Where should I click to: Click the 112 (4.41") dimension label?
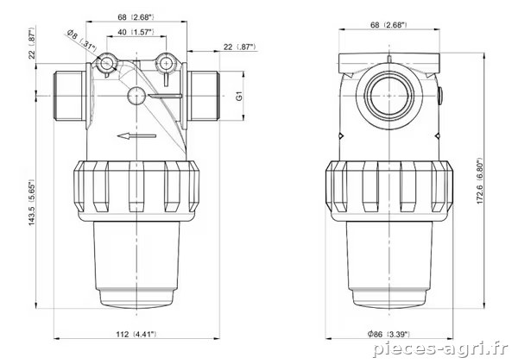click(136, 335)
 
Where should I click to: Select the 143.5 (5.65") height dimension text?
click(31, 203)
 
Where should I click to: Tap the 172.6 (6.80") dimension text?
click(480, 181)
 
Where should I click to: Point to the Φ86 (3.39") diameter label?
click(388, 335)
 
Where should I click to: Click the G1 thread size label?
click(239, 96)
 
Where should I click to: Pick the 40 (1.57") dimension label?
click(136, 32)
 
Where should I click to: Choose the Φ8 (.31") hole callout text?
click(81, 41)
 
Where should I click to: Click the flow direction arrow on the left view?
click(136, 135)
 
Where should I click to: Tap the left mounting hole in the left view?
click(106, 63)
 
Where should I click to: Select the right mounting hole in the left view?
click(164, 62)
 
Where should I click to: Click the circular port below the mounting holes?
click(136, 96)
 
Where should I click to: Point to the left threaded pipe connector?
click(69, 96)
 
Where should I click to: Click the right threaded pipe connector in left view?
click(203, 96)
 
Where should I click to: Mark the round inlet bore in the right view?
click(388, 96)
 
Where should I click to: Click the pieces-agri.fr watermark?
click(440, 349)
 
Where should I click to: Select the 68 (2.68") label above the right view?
click(388, 25)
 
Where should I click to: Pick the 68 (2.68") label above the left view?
click(136, 17)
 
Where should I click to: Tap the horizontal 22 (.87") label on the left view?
click(240, 47)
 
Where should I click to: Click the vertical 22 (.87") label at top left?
click(32, 44)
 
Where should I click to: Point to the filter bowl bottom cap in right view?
click(388, 298)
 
